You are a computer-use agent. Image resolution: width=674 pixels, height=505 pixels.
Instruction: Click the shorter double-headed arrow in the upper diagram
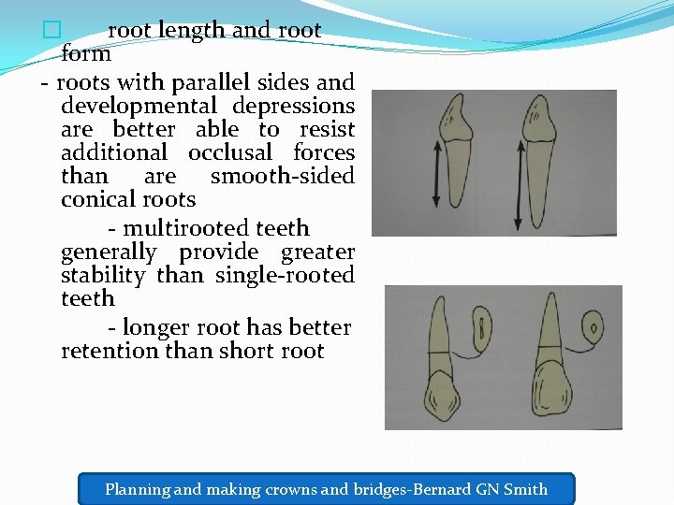tap(436, 172)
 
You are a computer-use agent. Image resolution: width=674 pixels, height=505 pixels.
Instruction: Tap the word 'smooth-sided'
tap(283, 176)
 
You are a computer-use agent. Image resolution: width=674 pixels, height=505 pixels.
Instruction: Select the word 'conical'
tap(95, 199)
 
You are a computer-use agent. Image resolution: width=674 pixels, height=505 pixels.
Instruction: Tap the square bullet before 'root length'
tap(51, 30)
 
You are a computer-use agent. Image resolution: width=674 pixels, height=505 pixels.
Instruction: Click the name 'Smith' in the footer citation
tap(525, 488)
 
